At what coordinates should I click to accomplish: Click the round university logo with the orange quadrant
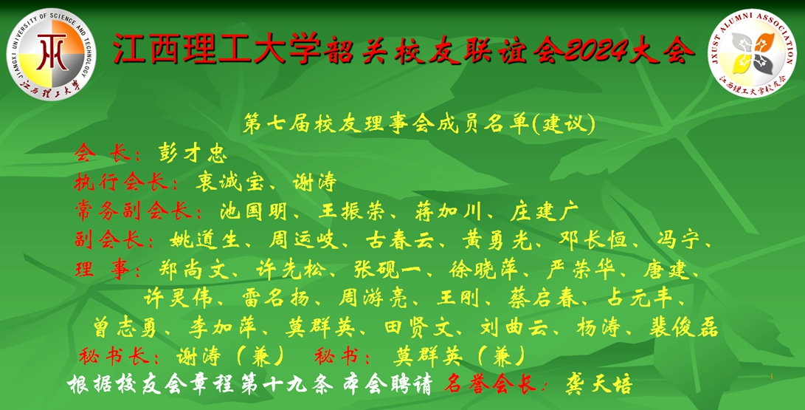52,53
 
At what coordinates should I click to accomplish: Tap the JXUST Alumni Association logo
752,53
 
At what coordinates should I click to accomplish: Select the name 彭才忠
193,154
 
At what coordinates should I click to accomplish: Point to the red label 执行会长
121,182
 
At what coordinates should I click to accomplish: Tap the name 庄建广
545,211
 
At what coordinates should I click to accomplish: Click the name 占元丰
639,298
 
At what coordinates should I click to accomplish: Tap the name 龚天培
598,385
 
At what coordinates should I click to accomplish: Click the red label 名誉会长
490,385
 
